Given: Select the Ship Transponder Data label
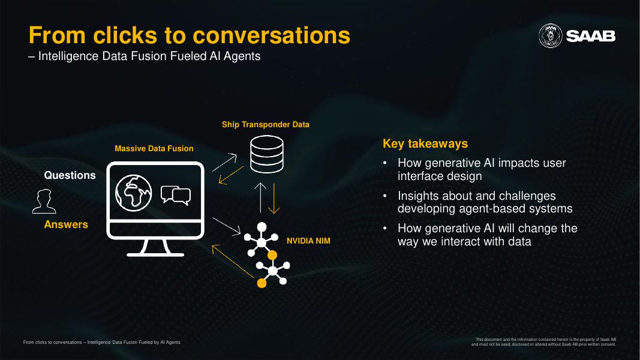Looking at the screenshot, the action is tap(266, 125).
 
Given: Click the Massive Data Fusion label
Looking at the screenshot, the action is tap(154, 148).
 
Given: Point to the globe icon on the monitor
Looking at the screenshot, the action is tap(133, 191).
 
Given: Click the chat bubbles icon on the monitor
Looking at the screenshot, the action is tap(176, 195).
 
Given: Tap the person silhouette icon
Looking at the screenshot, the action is tap(44, 201).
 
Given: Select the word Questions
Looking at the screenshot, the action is tap(70, 175).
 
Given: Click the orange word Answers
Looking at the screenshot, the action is tap(66, 224).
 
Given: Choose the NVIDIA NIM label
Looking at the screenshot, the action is tap(308, 241).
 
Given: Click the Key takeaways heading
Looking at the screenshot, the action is tap(425, 144).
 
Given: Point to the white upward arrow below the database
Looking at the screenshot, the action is tap(261, 197).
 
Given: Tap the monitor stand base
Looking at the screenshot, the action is tap(155, 253).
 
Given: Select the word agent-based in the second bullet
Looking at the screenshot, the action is tap(491, 209).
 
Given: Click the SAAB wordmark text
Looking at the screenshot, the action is tap(591, 37).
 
